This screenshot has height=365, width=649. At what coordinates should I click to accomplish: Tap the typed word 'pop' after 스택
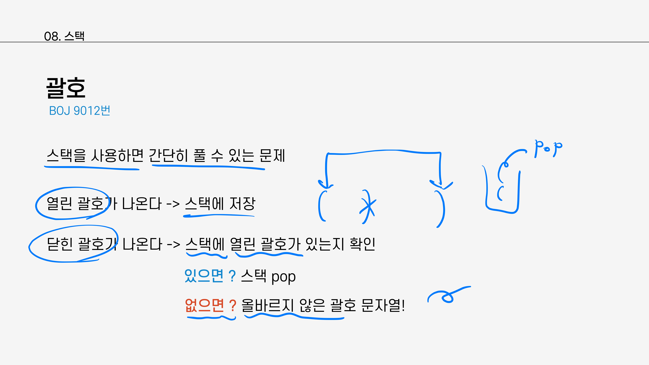(x=283, y=277)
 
